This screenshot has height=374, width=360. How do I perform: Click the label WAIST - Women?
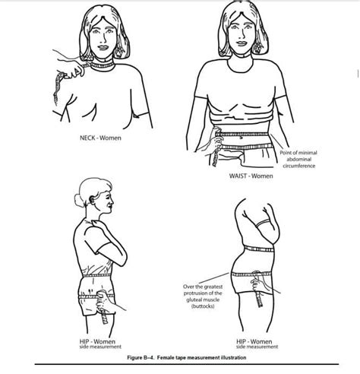[x=251, y=176]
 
